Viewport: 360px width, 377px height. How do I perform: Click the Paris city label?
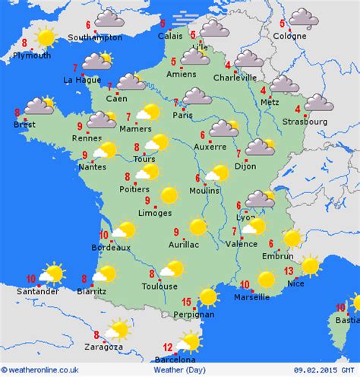coord(182,116)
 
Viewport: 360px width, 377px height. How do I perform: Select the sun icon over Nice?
coord(311,265)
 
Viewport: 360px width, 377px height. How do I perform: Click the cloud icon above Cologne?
coord(304,17)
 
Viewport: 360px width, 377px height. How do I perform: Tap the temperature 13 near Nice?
coord(289,271)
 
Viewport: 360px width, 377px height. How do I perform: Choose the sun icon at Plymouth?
coord(46,36)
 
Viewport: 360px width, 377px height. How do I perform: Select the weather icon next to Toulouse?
coord(173,268)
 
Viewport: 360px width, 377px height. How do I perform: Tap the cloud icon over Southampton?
coord(109,18)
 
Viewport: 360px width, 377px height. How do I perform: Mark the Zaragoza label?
coord(104,347)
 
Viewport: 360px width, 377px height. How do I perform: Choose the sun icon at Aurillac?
coord(198,227)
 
